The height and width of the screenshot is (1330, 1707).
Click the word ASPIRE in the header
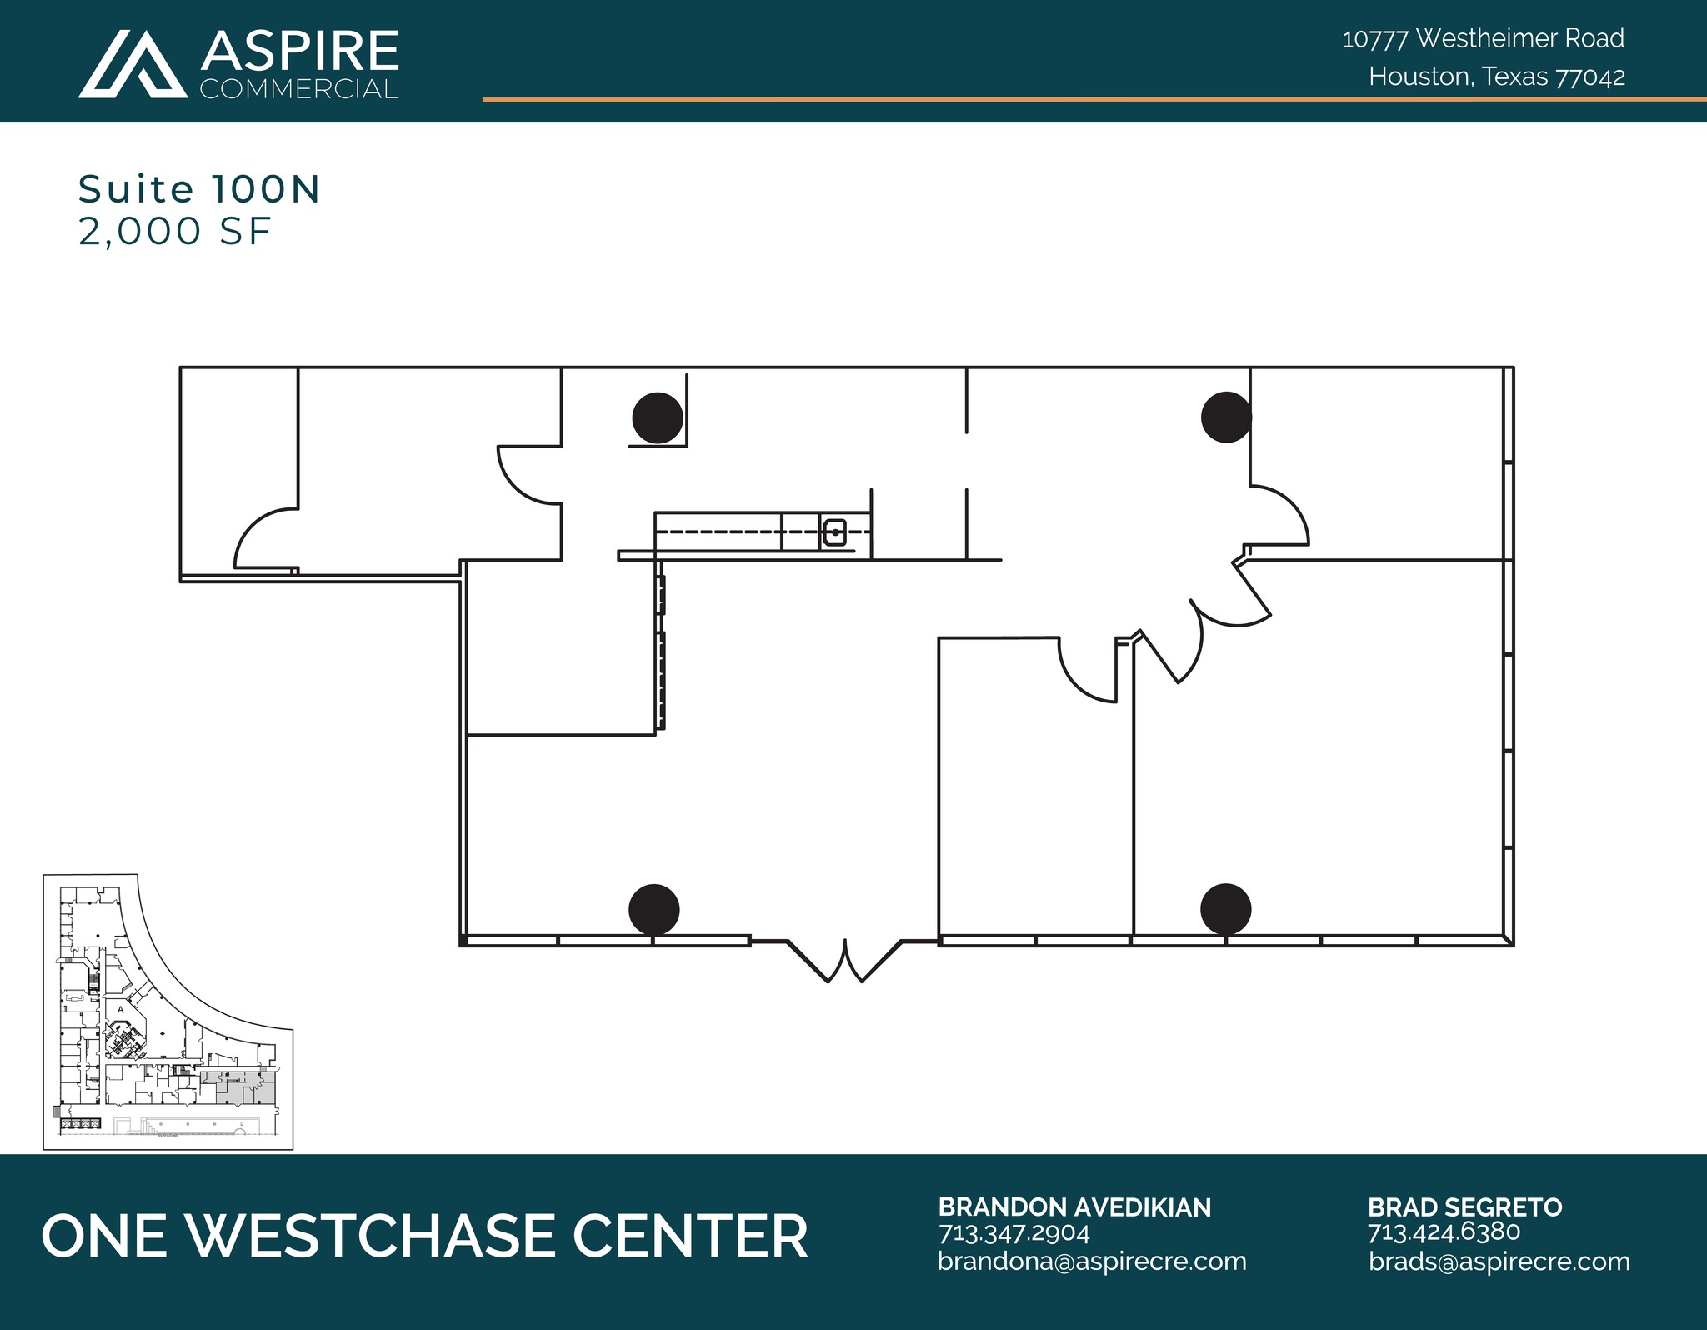pos(299,51)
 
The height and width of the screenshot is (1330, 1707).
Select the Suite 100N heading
pos(199,190)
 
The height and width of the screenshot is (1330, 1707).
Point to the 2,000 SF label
pos(175,232)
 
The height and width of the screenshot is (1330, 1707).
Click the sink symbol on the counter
pos(834,532)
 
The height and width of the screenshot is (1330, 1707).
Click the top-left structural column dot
pos(658,417)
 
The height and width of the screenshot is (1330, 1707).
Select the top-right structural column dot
pos(1226,417)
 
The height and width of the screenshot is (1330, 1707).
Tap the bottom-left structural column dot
pos(654,909)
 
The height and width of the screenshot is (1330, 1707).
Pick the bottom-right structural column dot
pos(1226,909)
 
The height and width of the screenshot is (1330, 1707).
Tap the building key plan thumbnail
pos(168,1012)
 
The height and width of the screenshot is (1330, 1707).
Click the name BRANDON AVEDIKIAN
pos(1074,1207)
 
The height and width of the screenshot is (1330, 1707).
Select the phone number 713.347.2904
pos(1014,1232)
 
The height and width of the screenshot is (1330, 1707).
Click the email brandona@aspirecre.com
pos(1092,1262)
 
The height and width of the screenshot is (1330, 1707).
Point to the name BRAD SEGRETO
pos(1464,1207)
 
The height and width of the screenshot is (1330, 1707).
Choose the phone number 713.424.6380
pos(1444,1232)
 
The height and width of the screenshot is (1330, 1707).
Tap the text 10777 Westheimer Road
pos(1483,38)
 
